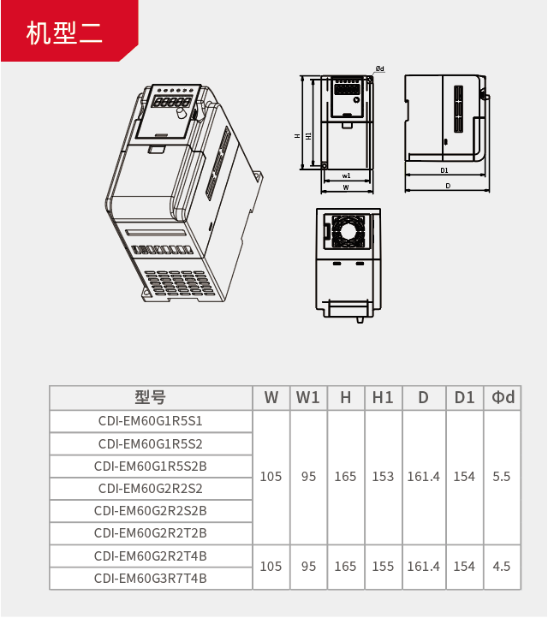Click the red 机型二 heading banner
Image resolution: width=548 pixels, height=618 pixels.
click(x=69, y=31)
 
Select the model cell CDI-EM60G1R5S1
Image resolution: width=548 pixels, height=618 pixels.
click(x=151, y=421)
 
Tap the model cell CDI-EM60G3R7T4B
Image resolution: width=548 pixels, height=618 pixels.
click(x=151, y=579)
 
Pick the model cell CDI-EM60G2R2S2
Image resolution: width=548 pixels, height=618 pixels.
click(x=151, y=489)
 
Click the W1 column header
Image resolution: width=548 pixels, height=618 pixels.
click(x=308, y=398)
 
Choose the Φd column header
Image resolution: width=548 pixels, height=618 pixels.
click(x=503, y=398)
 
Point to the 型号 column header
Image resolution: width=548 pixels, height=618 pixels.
click(x=151, y=398)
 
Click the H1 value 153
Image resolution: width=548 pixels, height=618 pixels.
click(x=384, y=477)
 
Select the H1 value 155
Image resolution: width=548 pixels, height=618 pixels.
click(x=384, y=567)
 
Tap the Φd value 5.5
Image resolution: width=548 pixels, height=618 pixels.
click(x=502, y=477)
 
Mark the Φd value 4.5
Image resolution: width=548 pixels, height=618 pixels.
click(x=502, y=567)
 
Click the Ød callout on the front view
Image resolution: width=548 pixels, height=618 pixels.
click(x=379, y=68)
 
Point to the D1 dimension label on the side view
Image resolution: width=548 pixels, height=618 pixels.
click(x=444, y=170)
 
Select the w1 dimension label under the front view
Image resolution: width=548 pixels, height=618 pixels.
click(x=346, y=175)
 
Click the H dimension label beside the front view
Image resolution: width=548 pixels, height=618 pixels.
click(x=297, y=136)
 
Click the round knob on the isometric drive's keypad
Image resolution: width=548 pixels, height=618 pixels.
click(x=181, y=114)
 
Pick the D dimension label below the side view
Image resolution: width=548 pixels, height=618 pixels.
click(x=448, y=186)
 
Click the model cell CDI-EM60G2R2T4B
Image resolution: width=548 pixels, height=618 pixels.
click(x=151, y=556)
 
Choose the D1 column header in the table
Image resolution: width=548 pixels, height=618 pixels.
click(x=464, y=398)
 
